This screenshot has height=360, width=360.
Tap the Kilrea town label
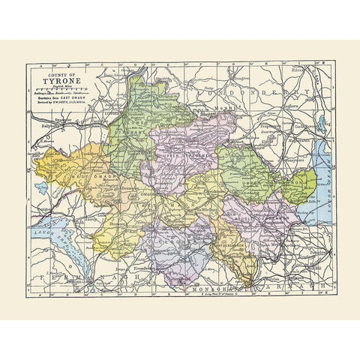click(304, 74)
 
